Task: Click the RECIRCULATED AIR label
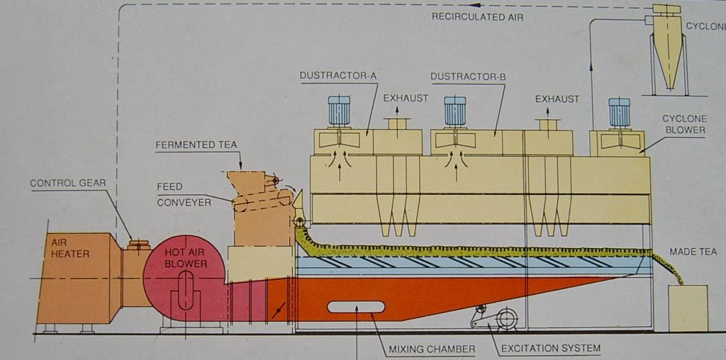477,16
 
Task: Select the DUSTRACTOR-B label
468,75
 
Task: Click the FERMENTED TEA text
196,145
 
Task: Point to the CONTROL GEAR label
67,184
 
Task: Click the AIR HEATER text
70,247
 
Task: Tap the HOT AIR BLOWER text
185,258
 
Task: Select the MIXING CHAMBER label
432,349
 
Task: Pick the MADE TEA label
693,252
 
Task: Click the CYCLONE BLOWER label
683,124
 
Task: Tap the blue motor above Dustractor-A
339,111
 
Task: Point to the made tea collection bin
688,308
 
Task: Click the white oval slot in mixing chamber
356,307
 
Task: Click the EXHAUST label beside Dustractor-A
406,98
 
